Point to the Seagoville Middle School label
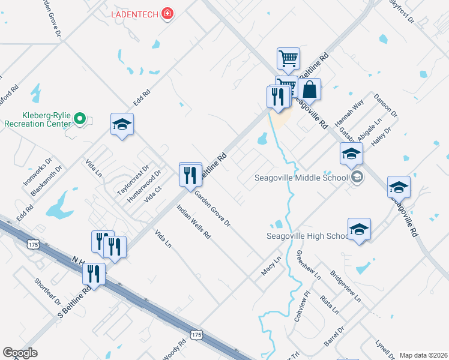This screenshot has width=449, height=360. [301, 177]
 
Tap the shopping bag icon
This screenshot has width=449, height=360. [309, 90]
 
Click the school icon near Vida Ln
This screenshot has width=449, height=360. [122, 125]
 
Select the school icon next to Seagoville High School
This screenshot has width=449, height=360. [359, 230]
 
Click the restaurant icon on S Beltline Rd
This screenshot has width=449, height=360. [94, 274]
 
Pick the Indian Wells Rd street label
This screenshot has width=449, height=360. [193, 223]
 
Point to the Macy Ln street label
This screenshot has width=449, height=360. [271, 266]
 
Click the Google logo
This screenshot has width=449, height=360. [20, 353]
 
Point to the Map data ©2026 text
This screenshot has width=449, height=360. [423, 355]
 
